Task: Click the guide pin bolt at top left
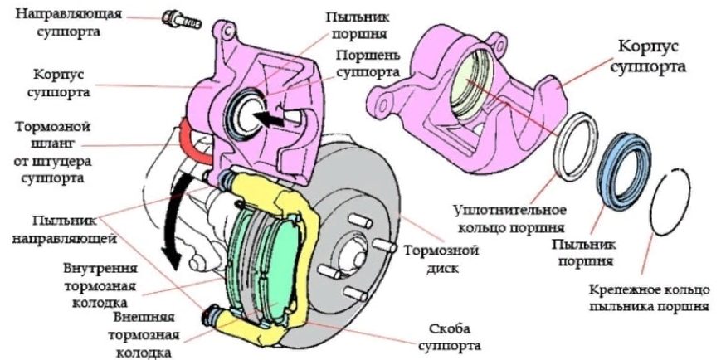click(181, 20)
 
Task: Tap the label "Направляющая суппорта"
click(69, 21)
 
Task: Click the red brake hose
click(194, 140)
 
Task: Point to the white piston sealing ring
click(577, 147)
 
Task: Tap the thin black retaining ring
click(670, 202)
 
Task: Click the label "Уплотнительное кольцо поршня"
click(509, 218)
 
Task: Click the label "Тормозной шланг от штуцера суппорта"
click(53, 152)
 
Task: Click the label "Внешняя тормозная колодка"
click(144, 335)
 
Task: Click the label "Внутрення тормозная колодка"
click(100, 285)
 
